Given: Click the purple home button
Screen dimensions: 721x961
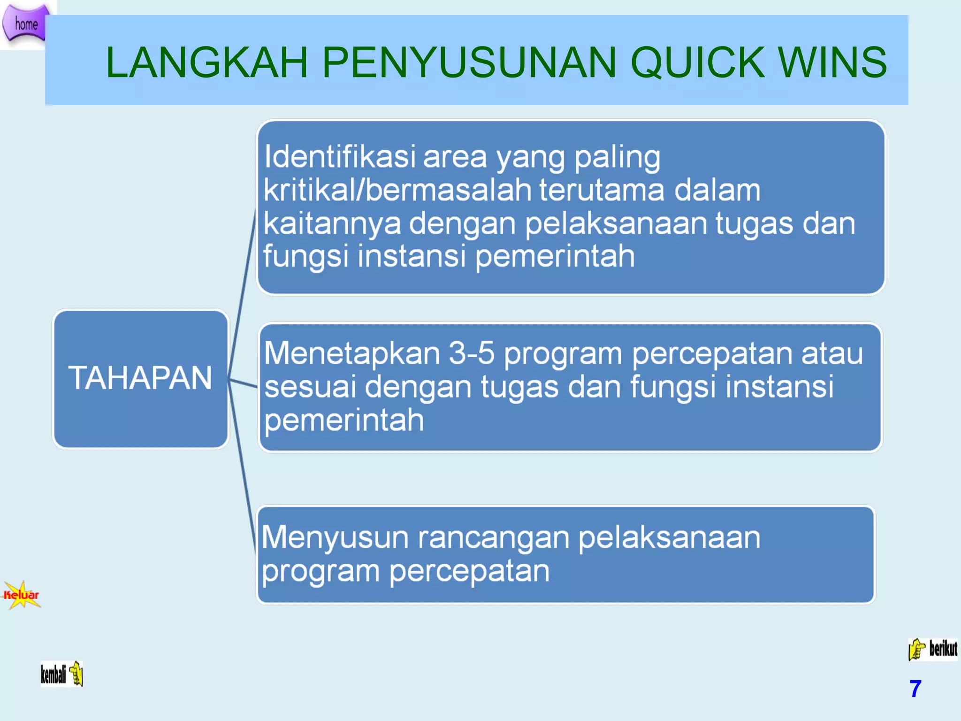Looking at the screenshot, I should [26, 23].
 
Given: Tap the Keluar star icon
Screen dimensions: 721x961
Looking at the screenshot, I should [22, 595].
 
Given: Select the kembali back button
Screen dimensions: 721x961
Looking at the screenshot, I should [61, 674].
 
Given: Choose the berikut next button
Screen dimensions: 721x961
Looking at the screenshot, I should [933, 649].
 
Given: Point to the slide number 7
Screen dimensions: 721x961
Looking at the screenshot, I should [915, 689].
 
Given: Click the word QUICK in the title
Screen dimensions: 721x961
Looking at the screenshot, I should [697, 62].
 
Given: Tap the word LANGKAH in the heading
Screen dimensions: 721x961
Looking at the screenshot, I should [206, 62].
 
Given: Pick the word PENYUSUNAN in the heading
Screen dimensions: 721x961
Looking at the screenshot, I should [469, 62].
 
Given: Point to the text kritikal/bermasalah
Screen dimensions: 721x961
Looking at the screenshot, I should [397, 190].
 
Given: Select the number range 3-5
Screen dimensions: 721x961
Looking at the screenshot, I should [471, 353].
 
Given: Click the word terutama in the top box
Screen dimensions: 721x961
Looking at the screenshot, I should [602, 190].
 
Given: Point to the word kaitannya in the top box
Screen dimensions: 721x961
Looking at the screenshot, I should [332, 223].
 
